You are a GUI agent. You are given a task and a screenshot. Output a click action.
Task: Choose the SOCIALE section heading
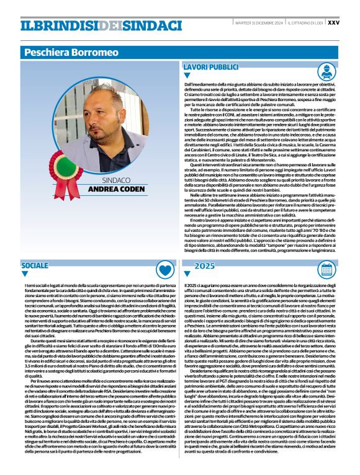point(35,265)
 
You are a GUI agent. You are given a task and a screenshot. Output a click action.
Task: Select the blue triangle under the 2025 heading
point(187,274)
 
